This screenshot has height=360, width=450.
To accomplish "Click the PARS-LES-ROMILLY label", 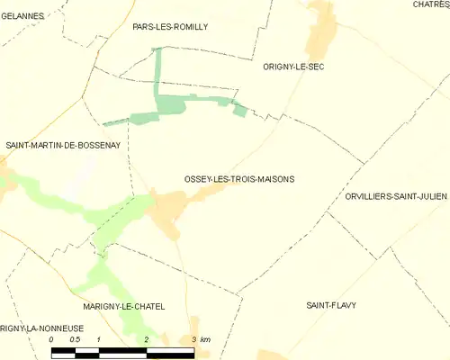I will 170,27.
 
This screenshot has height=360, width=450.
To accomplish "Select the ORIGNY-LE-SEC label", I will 292,67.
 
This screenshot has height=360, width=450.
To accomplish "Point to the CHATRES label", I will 431,4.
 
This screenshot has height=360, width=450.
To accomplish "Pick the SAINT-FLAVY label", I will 331,305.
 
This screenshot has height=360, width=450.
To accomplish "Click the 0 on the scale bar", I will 51,339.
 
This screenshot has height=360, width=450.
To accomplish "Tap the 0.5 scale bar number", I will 76,339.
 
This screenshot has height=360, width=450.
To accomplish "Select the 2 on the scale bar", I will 146,339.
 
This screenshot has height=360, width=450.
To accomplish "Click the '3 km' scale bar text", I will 201,339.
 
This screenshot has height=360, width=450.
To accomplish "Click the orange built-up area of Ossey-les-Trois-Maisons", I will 168,209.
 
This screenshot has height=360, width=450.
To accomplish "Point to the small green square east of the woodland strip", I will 239,110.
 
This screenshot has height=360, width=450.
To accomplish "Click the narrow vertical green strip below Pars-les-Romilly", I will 157,72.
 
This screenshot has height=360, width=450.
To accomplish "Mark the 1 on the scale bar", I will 99,339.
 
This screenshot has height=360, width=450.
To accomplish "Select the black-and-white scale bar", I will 122,351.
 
